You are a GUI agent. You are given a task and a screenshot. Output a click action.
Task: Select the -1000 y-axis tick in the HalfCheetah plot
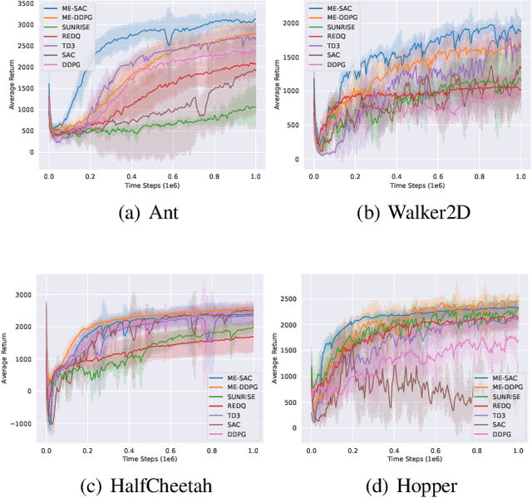pos(23,423)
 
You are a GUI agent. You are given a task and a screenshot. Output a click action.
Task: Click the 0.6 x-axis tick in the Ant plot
pos(173,177)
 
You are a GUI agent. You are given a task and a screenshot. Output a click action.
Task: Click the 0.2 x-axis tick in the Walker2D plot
pos(355,177)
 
